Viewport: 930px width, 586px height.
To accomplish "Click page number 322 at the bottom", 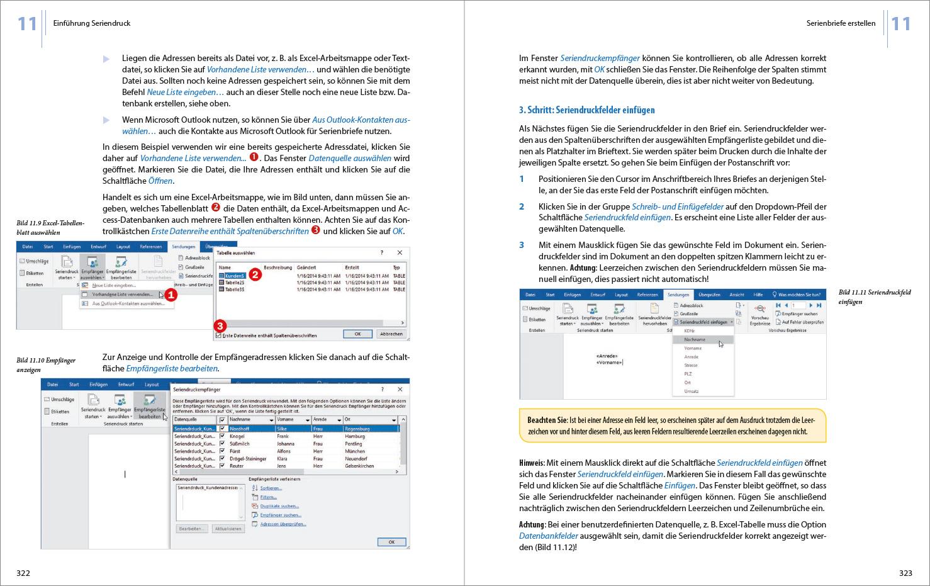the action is click(23, 573).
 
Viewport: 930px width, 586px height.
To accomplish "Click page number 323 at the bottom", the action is click(905, 573).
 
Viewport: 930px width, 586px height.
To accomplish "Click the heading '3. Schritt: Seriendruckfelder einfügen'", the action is click(586, 110).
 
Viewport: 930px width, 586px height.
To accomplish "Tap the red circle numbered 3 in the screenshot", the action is click(220, 325).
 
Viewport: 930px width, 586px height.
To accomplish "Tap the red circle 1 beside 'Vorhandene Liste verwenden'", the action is click(171, 295).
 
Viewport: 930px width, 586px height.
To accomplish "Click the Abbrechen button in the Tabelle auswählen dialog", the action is click(391, 334).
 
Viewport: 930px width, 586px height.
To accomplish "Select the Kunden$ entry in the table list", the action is click(234, 276).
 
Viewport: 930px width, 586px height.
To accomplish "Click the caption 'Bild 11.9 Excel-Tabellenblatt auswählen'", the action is click(50, 227).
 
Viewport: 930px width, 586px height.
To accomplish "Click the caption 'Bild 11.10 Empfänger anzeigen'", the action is click(46, 364).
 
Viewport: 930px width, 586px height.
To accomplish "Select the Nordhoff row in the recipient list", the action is click(239, 429).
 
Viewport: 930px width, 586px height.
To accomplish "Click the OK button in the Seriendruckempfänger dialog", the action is click(391, 541).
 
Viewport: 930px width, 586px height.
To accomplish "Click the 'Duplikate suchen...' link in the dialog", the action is click(279, 506).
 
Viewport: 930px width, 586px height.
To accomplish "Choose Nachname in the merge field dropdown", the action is click(695, 339).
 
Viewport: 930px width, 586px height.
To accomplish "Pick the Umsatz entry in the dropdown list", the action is click(692, 391).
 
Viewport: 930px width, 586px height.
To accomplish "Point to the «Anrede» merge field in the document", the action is click(607, 356).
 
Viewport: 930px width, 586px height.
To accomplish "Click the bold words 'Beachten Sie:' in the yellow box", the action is click(547, 420).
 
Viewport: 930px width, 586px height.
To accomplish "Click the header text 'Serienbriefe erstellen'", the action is click(840, 23).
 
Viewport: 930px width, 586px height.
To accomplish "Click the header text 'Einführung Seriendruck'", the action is click(92, 23).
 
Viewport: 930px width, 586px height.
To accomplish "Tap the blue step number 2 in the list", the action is click(522, 206).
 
